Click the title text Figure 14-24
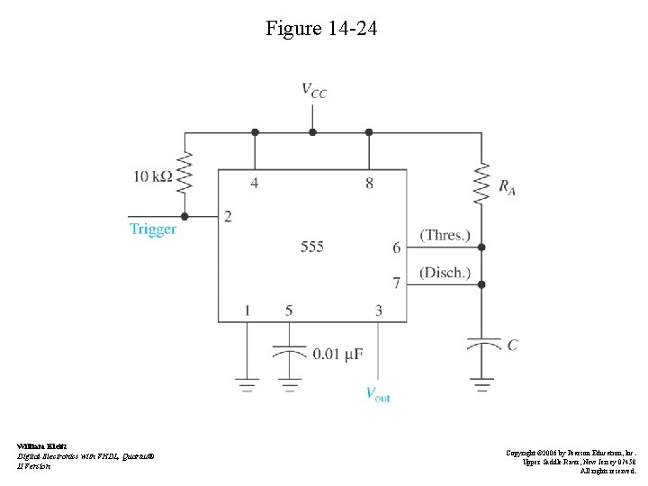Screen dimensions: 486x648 pyautogui.click(x=322, y=29)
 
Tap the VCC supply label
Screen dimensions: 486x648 pyautogui.click(x=313, y=90)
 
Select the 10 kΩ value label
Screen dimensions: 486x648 pyautogui.click(x=153, y=177)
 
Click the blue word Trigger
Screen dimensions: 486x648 pyautogui.click(x=153, y=229)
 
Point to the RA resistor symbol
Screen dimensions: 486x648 pyautogui.click(x=481, y=183)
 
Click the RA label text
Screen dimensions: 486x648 pyautogui.click(x=508, y=187)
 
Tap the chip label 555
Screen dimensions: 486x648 pyautogui.click(x=312, y=246)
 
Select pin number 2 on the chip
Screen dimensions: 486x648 pyautogui.click(x=228, y=217)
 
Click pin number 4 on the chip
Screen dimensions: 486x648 pyautogui.click(x=255, y=184)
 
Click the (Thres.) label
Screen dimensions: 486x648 pyautogui.click(x=445, y=236)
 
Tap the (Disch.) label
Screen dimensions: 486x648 pyautogui.click(x=445, y=273)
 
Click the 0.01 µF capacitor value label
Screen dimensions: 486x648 pyautogui.click(x=337, y=355)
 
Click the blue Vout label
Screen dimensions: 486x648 pyautogui.click(x=378, y=393)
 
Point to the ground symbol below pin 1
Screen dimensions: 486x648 pyautogui.click(x=247, y=385)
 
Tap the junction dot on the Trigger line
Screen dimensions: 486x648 pyautogui.click(x=184, y=216)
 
